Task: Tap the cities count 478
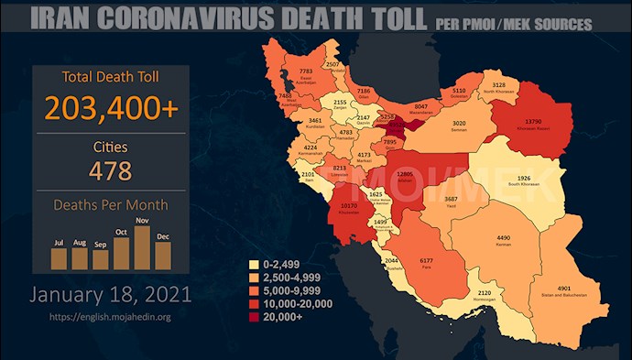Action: (x=111, y=170)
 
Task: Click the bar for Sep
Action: (x=100, y=260)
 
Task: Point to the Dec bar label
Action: (x=163, y=236)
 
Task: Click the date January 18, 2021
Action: (x=111, y=295)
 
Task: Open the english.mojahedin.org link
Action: (x=111, y=317)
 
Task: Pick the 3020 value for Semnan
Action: (x=460, y=123)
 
